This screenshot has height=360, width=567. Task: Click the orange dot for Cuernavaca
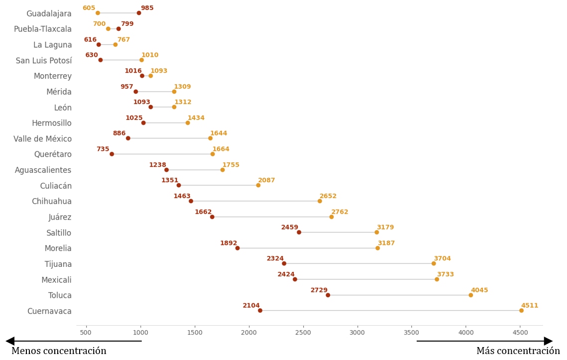coord(521,310)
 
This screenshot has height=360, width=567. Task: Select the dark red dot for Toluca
coord(328,295)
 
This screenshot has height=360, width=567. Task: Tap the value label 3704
coord(442,258)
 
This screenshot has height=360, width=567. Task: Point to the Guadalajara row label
coord(49,13)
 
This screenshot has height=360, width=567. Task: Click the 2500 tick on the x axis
coord(303,332)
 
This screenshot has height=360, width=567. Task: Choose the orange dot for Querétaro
coord(213,154)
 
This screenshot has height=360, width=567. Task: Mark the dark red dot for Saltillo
coord(299,232)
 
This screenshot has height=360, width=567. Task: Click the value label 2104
coord(251,305)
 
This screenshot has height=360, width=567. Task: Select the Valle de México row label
coord(42,139)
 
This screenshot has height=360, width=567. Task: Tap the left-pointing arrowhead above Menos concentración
coord(10,341)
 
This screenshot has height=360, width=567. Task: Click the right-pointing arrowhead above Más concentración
coord(548,341)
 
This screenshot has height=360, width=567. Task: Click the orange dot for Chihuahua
coord(320,201)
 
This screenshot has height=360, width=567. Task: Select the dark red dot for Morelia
coord(237,248)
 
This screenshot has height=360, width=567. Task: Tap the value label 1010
coord(150,55)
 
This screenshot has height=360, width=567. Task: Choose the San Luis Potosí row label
coord(44,61)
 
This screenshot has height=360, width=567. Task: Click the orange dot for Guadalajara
coord(98,13)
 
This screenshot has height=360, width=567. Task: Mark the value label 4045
coord(479,290)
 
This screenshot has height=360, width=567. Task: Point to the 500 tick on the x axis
coord(86,332)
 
